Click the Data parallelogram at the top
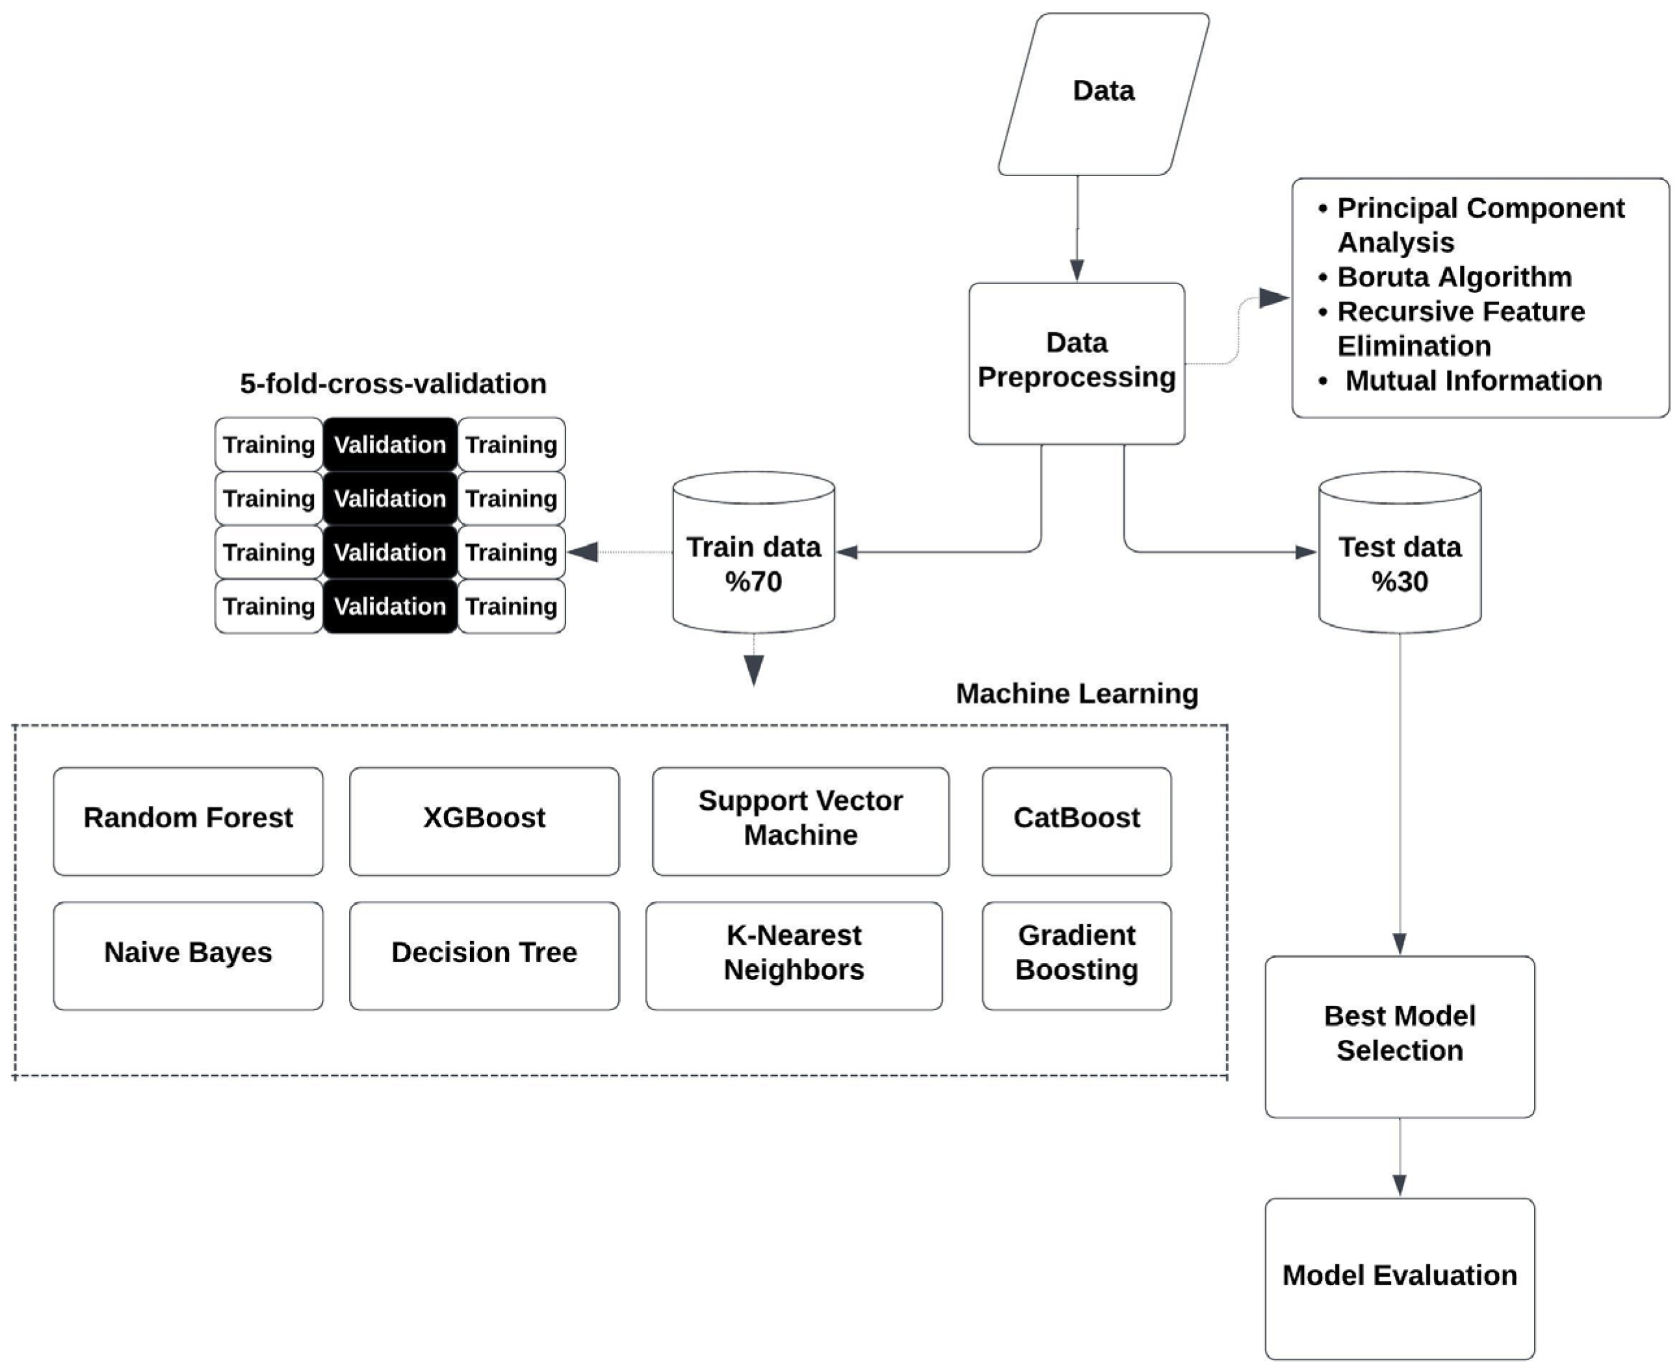[x=1104, y=92]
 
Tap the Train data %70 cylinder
[x=753, y=563]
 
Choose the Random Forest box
[x=188, y=820]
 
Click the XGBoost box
[x=484, y=820]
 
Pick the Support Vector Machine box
[x=800, y=820]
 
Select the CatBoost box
[x=1076, y=820]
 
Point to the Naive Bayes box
[x=188, y=955]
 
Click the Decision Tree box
[x=484, y=955]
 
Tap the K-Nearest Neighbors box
[x=794, y=955]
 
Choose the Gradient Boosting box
[x=1076, y=955]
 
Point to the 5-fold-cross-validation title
[x=393, y=384]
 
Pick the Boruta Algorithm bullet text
[x=1453, y=278]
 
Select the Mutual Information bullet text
[x=1473, y=381]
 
